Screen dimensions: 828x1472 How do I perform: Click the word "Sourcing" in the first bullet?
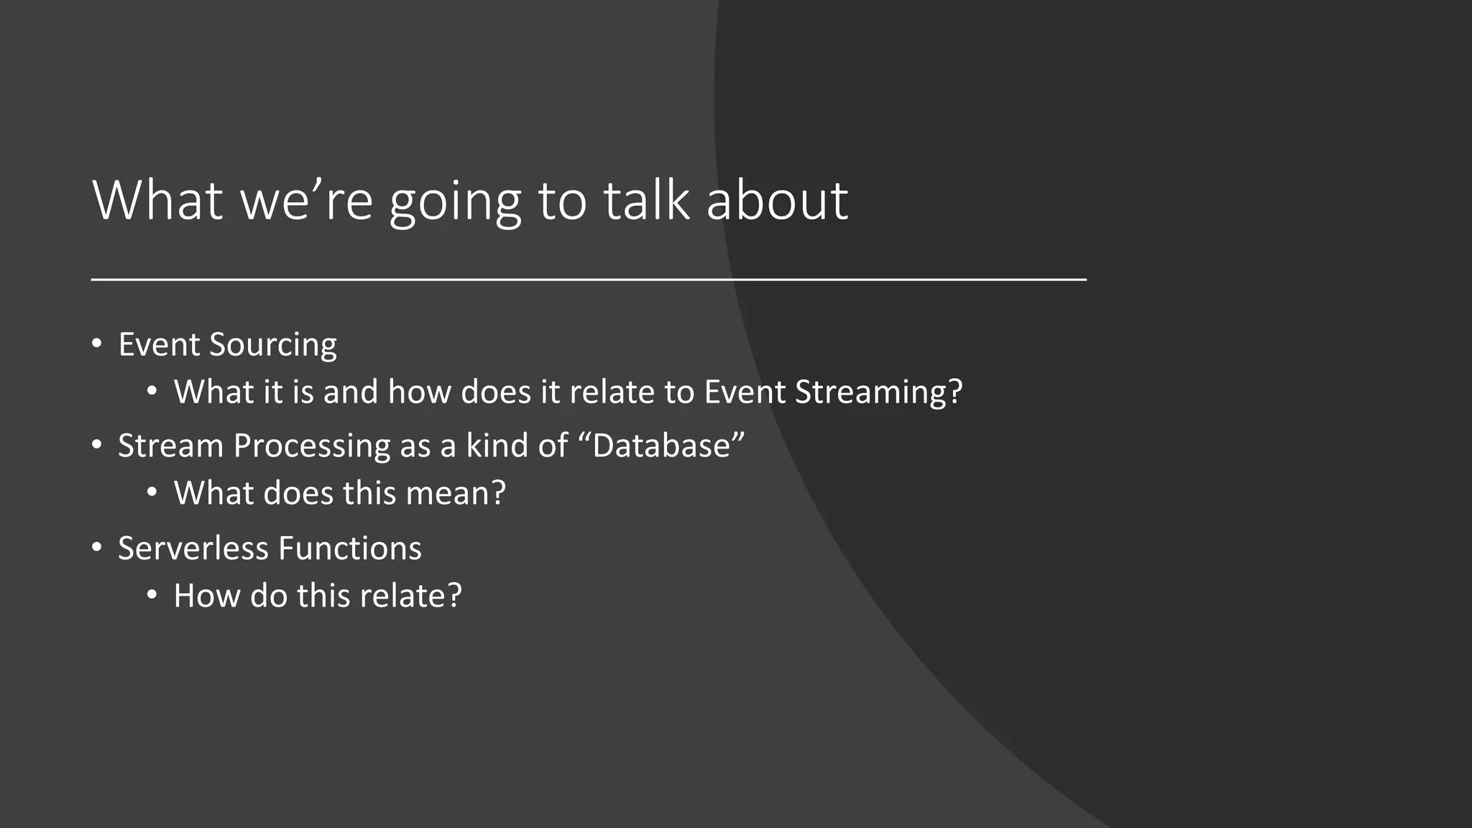(x=272, y=345)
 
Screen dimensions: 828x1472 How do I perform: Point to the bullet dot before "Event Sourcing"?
(x=97, y=344)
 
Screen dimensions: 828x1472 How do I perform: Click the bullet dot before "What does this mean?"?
(x=152, y=493)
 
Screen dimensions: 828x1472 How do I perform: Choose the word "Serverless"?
(x=193, y=548)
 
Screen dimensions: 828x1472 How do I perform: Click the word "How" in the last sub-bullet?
(x=206, y=596)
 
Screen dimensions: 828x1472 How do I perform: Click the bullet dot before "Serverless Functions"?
(x=97, y=548)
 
